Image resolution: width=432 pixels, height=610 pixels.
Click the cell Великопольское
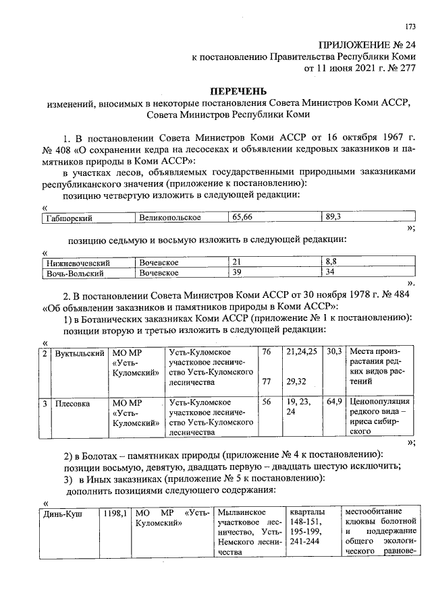pyautogui.click(x=169, y=218)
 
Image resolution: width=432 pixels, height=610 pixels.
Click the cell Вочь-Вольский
pyautogui.click(x=75, y=273)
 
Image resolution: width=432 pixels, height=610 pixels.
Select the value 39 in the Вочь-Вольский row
pyautogui.click(x=237, y=273)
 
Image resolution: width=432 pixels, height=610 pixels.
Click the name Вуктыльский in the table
pyautogui.click(x=80, y=353)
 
